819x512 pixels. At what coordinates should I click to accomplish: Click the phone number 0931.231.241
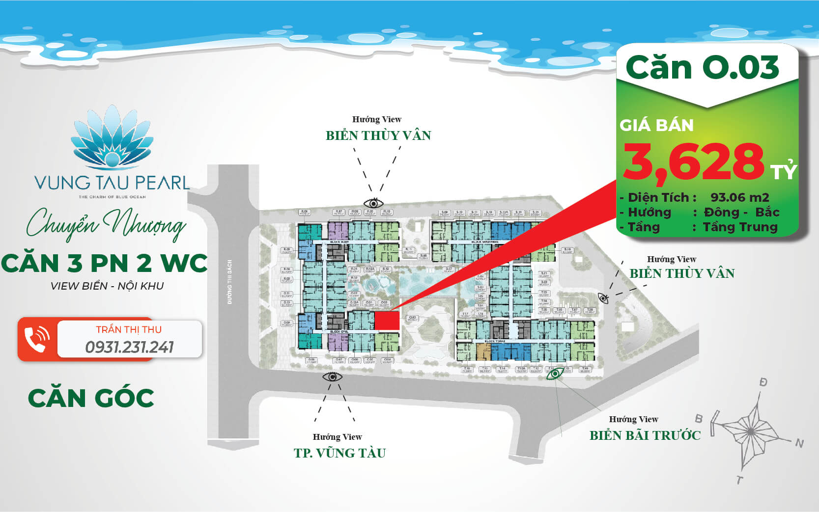click(x=130, y=347)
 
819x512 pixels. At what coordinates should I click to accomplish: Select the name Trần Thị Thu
click(x=129, y=329)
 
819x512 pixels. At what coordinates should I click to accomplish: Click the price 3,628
click(x=693, y=162)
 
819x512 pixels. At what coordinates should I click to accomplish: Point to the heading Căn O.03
click(x=703, y=67)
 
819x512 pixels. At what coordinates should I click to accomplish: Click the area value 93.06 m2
click(x=739, y=197)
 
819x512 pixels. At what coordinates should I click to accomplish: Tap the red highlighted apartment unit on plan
click(x=387, y=321)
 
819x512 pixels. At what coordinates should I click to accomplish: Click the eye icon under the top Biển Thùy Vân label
click(x=373, y=203)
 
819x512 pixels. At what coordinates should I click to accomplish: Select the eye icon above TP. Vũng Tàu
click(x=333, y=377)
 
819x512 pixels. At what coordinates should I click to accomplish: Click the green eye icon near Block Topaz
click(x=555, y=374)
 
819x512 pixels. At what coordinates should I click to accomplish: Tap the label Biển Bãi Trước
click(x=645, y=435)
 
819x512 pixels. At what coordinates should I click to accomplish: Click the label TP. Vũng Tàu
click(x=340, y=453)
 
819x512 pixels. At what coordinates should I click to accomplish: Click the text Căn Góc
click(x=91, y=398)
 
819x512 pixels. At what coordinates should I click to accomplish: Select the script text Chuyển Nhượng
click(x=106, y=225)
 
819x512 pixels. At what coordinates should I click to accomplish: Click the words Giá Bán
click(x=656, y=126)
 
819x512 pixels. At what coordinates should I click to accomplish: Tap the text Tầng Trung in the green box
click(x=740, y=227)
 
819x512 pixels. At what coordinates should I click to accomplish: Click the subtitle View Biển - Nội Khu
click(x=107, y=286)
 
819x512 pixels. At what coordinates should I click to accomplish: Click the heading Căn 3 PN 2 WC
click(x=104, y=263)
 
